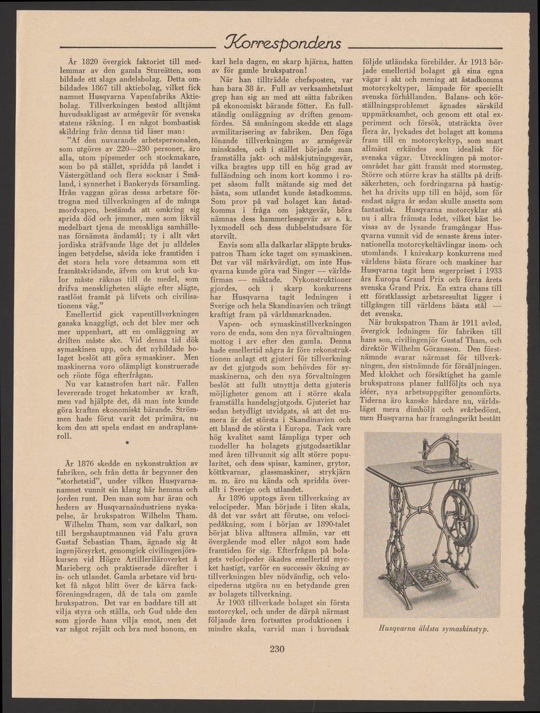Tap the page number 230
[277, 649]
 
